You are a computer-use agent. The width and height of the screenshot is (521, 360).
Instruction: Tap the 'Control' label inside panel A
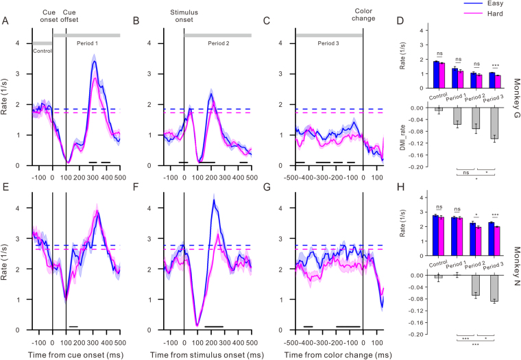point(43,50)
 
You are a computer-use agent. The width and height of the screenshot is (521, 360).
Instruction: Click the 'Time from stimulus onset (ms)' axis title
point(204,353)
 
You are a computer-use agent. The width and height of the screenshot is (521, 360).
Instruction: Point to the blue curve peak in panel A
point(95,62)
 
